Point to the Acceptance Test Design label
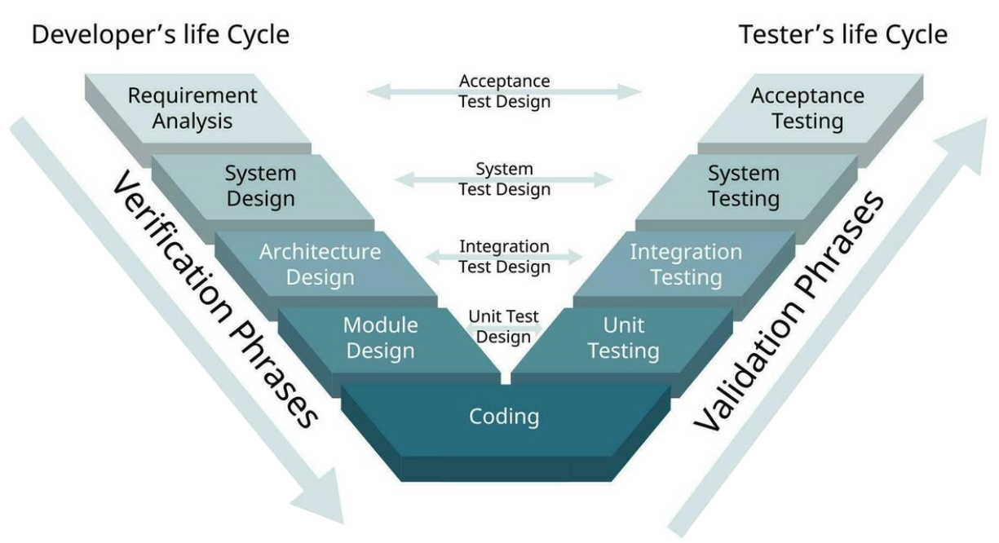(x=505, y=91)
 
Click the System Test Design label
(x=505, y=179)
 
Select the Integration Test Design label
(x=505, y=257)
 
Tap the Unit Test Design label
(x=503, y=327)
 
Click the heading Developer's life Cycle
(x=161, y=35)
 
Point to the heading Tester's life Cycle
(x=843, y=35)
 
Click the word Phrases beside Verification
(x=274, y=373)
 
